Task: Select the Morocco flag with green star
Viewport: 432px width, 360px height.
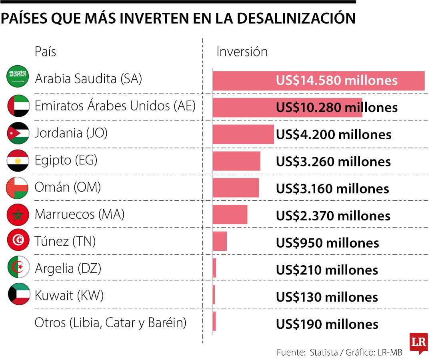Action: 18,215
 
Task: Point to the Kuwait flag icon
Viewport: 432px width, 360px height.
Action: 19,294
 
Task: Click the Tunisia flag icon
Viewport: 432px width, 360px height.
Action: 18,240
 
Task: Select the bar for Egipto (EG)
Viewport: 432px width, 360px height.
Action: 236,161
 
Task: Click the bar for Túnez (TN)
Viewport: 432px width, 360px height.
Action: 220,241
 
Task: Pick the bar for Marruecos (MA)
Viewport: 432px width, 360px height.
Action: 230,214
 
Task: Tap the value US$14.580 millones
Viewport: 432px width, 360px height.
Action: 336,80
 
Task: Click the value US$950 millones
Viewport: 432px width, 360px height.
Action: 327,243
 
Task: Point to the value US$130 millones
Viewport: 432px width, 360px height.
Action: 327,297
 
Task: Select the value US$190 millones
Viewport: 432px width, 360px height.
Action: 327,324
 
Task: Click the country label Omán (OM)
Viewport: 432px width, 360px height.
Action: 68,187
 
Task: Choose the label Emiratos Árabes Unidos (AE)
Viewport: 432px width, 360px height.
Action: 115,106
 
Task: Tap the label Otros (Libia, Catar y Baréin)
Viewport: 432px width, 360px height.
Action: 110,322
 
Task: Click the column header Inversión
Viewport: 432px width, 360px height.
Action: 242,52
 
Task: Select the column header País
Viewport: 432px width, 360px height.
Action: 45,52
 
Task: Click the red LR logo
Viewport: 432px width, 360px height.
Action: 418,343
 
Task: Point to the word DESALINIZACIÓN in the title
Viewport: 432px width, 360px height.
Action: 288,18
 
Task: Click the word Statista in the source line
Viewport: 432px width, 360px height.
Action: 323,352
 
